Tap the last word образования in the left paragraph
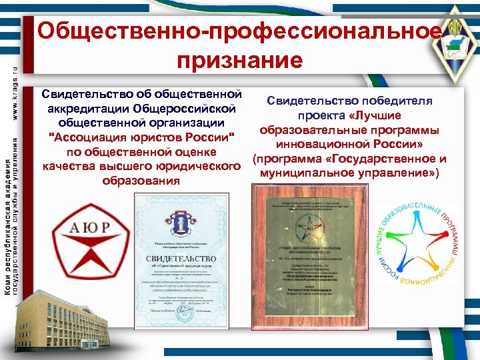[141, 181]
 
